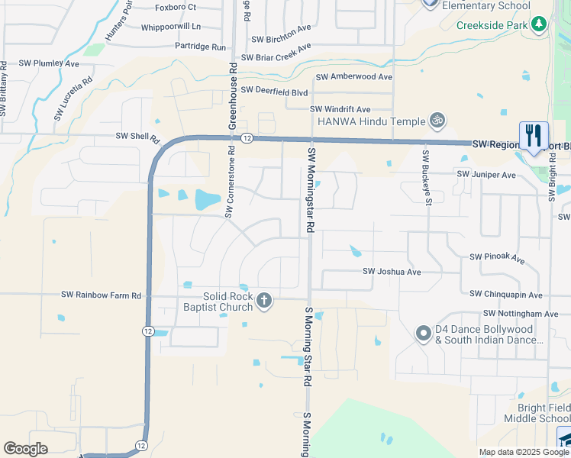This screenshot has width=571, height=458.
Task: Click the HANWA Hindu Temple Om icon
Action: click(x=438, y=121)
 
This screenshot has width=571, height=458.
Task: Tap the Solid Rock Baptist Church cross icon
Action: click(x=264, y=301)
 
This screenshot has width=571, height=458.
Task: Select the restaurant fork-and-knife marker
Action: click(x=534, y=136)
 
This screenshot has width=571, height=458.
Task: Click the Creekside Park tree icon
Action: click(x=540, y=24)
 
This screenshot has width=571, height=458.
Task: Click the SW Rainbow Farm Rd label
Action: click(x=102, y=295)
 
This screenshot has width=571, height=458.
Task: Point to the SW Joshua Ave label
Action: click(x=392, y=271)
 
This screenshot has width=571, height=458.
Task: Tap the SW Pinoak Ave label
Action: click(x=498, y=258)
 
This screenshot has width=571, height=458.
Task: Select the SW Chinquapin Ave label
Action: click(x=506, y=294)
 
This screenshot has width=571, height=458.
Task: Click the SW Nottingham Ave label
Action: click(x=521, y=314)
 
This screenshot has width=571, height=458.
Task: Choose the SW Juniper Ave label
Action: click(x=486, y=174)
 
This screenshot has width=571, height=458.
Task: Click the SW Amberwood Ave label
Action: click(x=353, y=76)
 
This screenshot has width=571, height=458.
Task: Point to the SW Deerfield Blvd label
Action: click(x=274, y=90)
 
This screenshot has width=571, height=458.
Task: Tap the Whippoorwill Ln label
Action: click(x=170, y=27)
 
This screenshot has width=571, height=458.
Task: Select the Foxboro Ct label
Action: click(x=176, y=7)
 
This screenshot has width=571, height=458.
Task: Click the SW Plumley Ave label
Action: click(x=49, y=63)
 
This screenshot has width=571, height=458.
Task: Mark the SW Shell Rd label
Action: click(x=137, y=137)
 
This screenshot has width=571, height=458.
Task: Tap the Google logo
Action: click(x=26, y=449)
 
